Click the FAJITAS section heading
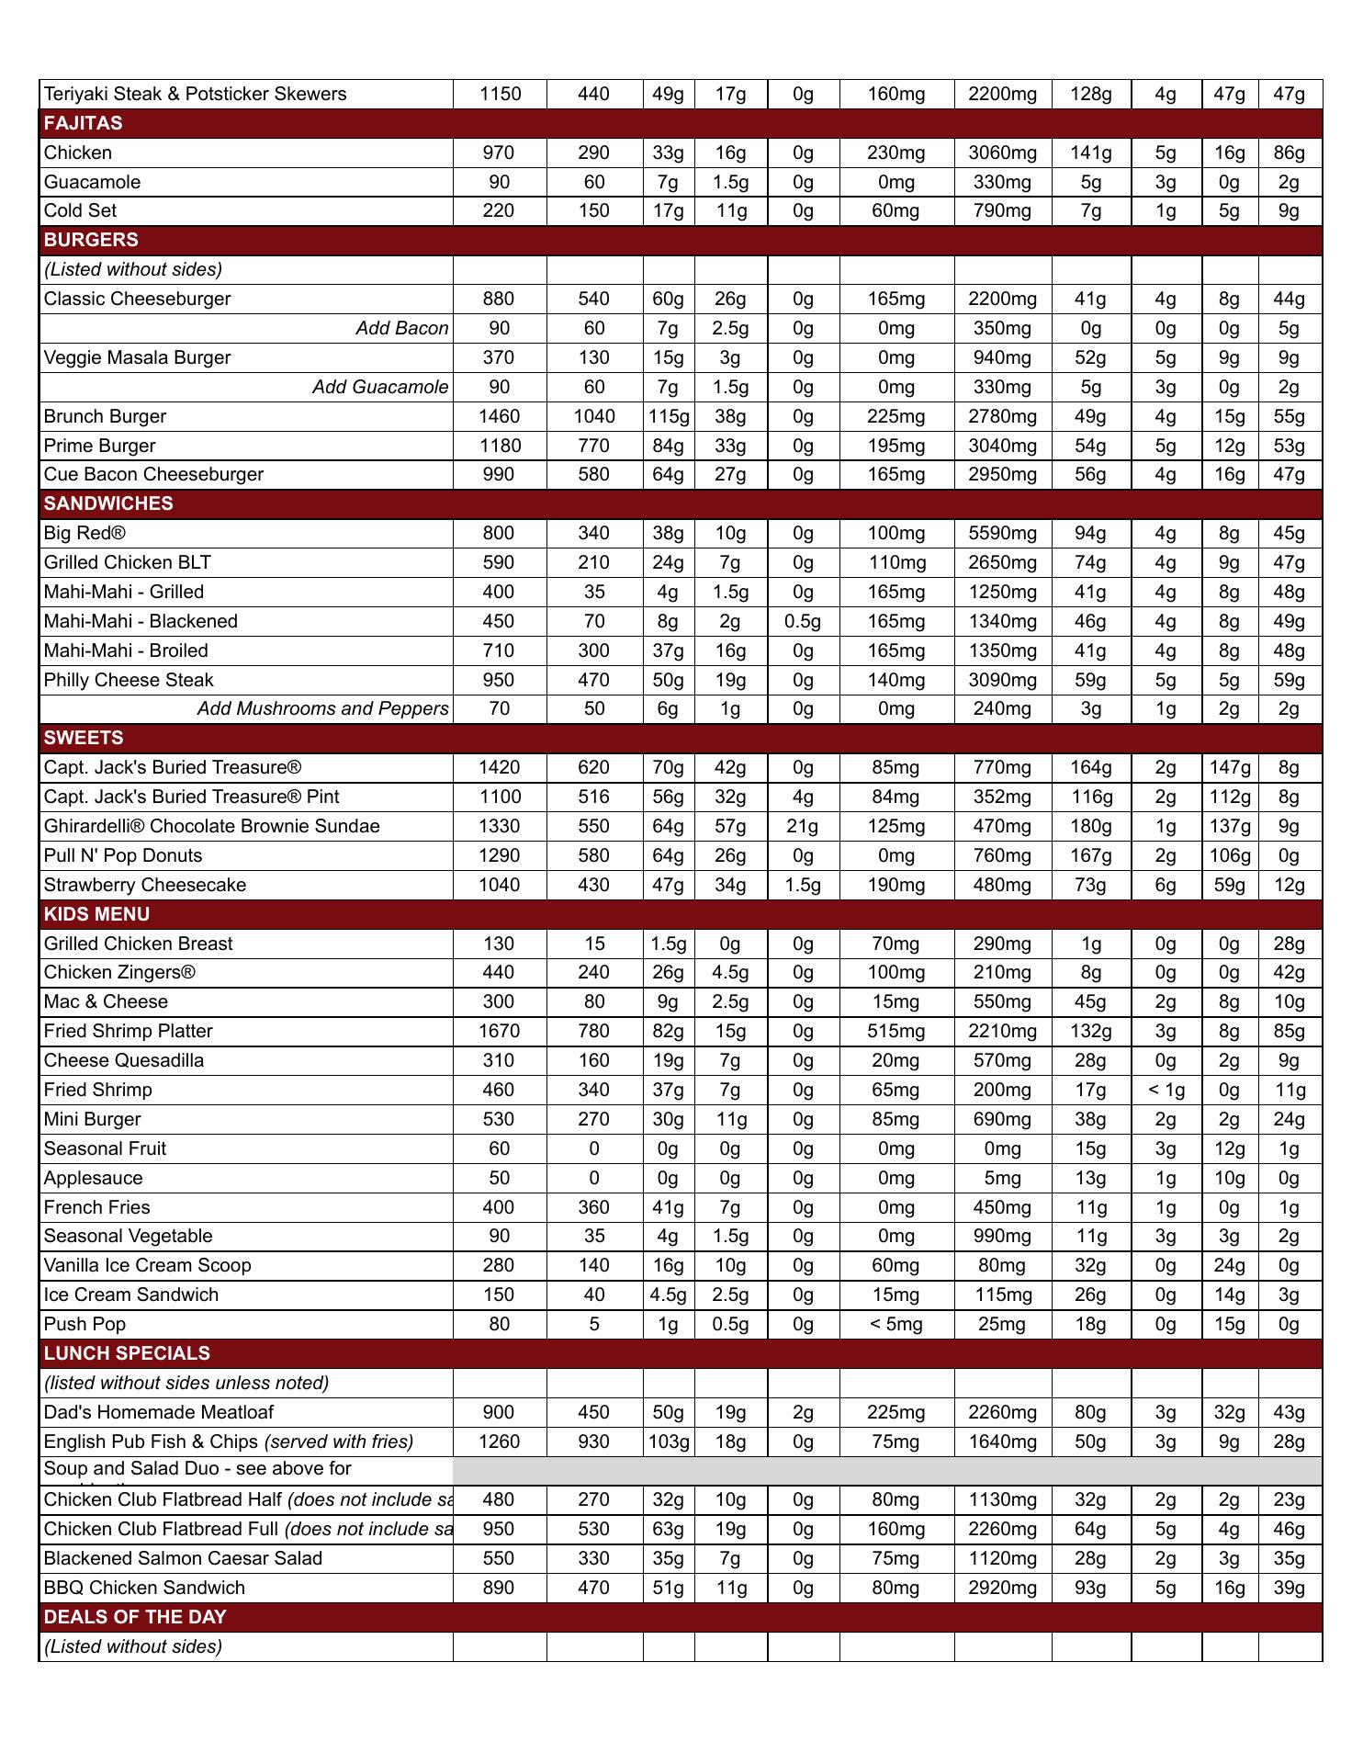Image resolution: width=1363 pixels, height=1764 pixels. [83, 123]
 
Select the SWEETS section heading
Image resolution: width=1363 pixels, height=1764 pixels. [83, 738]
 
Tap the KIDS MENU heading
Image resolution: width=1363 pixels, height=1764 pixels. [96, 914]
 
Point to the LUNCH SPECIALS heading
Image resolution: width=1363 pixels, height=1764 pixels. [127, 1353]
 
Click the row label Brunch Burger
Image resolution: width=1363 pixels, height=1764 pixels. [106, 416]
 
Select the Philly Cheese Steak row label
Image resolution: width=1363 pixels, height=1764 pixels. [129, 680]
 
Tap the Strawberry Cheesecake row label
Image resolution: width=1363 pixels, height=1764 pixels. [145, 885]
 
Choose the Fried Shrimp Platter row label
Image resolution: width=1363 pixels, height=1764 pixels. [129, 1031]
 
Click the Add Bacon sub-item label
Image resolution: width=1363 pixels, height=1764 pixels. [402, 328]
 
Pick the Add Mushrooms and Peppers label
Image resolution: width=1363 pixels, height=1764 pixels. [322, 708]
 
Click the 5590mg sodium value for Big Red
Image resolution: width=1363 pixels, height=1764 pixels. [1002, 533]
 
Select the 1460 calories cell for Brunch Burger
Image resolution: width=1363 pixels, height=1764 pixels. [499, 416]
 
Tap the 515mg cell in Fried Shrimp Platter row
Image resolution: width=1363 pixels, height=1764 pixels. [896, 1031]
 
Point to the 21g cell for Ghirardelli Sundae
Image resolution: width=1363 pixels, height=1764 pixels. [803, 826]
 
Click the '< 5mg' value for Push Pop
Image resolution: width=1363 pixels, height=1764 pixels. [896, 1324]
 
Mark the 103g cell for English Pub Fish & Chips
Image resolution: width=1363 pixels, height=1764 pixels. [668, 1442]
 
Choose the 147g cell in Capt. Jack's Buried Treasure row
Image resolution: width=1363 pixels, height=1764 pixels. [1229, 767]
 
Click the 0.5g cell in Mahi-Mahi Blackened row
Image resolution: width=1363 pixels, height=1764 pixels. [803, 621]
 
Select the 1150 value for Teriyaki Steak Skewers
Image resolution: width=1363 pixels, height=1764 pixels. [500, 94]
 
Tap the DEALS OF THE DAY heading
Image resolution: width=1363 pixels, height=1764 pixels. [135, 1617]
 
